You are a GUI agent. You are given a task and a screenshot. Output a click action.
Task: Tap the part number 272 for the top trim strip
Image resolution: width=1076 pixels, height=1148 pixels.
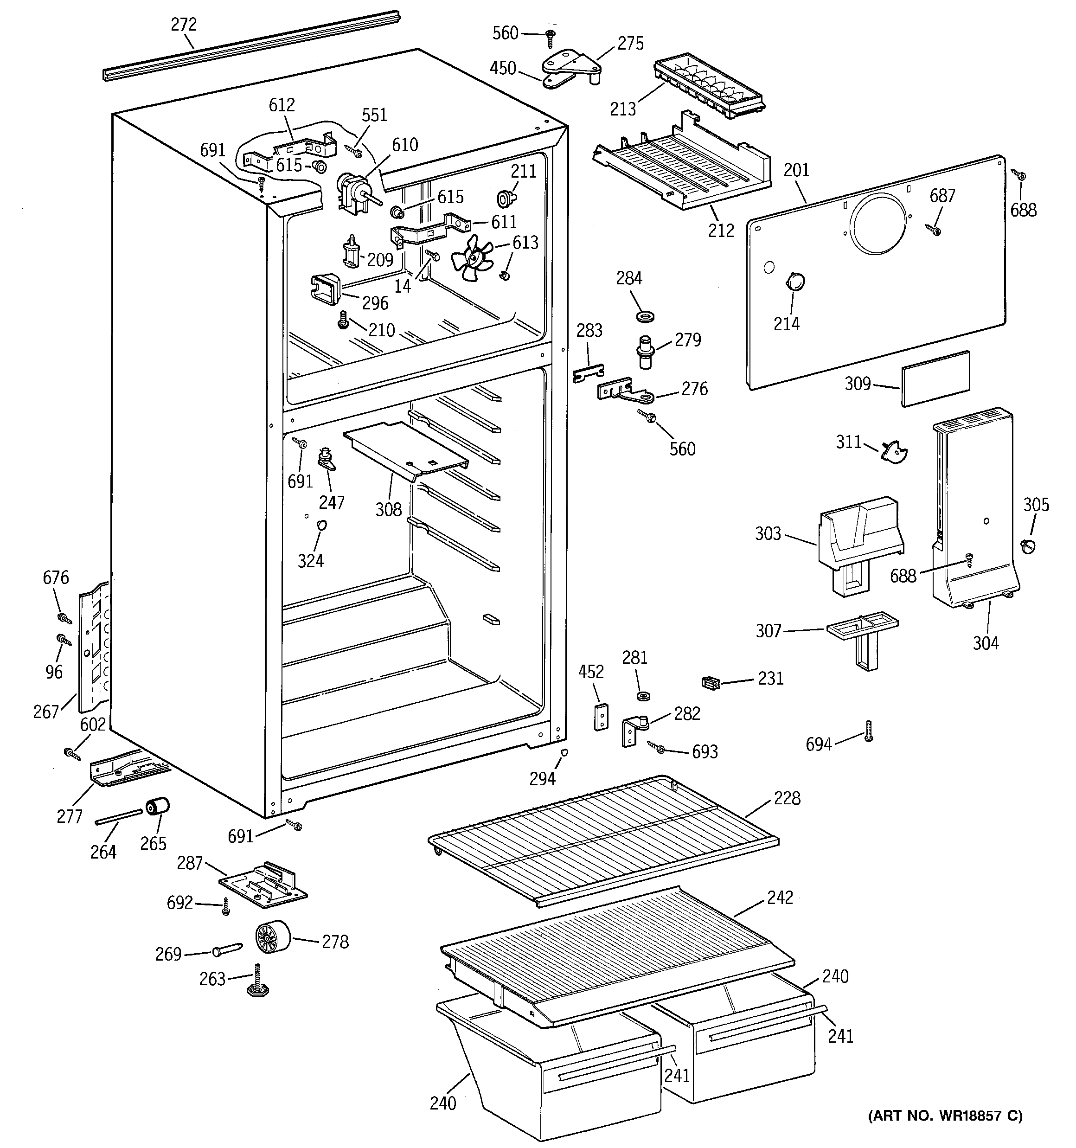pyautogui.click(x=184, y=24)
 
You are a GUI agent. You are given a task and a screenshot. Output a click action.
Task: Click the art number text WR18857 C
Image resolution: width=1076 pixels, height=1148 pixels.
pyautogui.click(x=945, y=1132)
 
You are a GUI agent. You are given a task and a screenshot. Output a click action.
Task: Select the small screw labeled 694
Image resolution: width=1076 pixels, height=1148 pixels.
pyautogui.click(x=868, y=731)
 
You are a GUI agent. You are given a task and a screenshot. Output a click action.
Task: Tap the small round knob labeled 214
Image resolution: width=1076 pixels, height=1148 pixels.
pyautogui.click(x=795, y=282)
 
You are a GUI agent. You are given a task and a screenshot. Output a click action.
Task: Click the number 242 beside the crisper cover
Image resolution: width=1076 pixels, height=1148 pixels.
pyautogui.click(x=780, y=898)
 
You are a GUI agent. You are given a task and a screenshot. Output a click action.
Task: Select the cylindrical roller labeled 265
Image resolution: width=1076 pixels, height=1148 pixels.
pyautogui.click(x=158, y=807)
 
